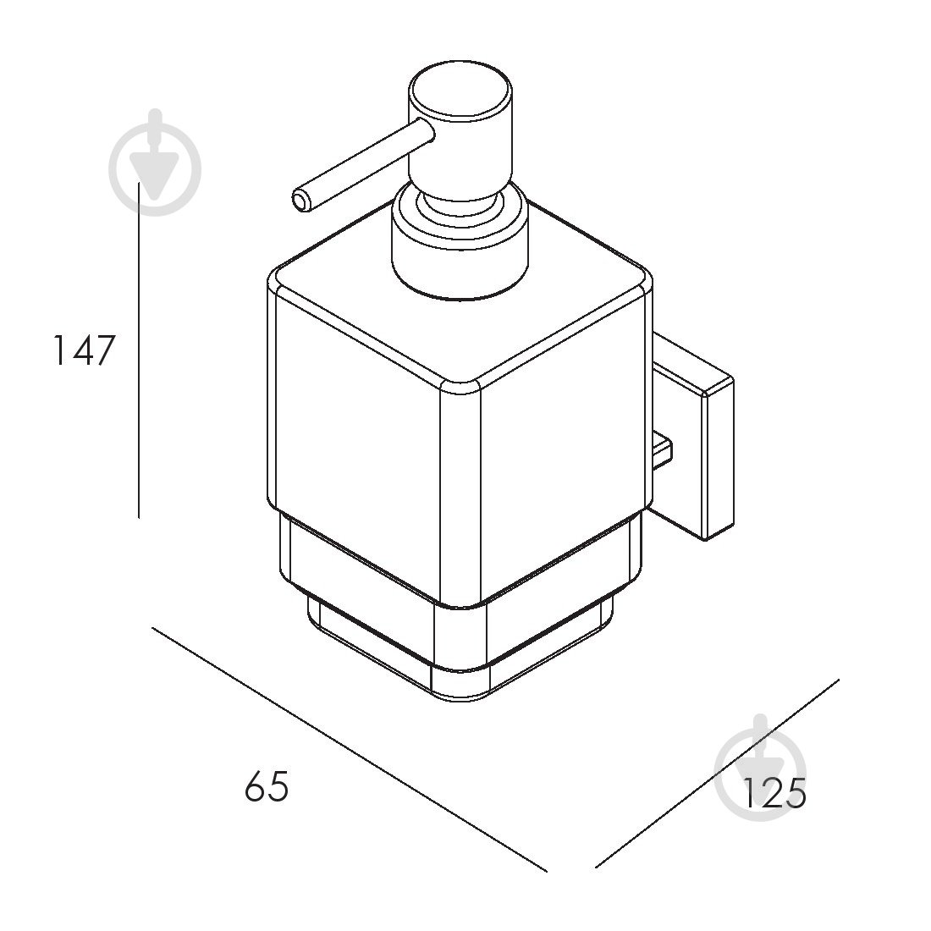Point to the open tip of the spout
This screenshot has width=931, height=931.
[302, 201]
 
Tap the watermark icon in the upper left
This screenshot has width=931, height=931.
[155, 163]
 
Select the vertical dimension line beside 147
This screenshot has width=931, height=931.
[139, 350]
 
